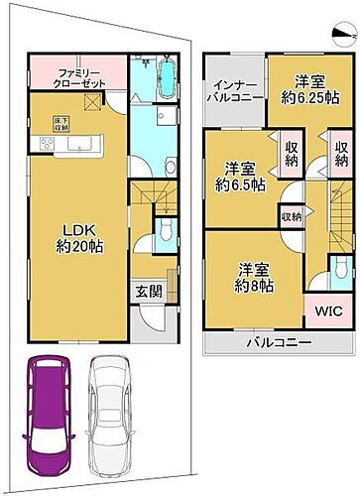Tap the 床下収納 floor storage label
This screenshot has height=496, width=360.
tap(88, 122)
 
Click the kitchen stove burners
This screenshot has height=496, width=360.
tap(46, 147)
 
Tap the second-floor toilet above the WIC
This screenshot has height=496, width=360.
tap(340, 266)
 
